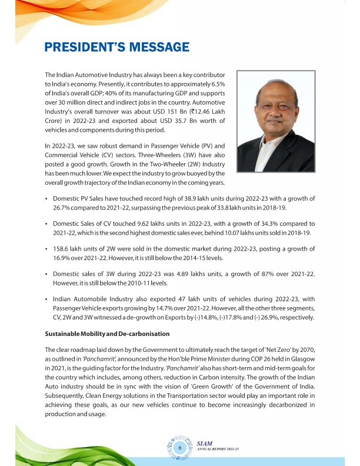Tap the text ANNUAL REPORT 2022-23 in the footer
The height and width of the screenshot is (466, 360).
[219, 451]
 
